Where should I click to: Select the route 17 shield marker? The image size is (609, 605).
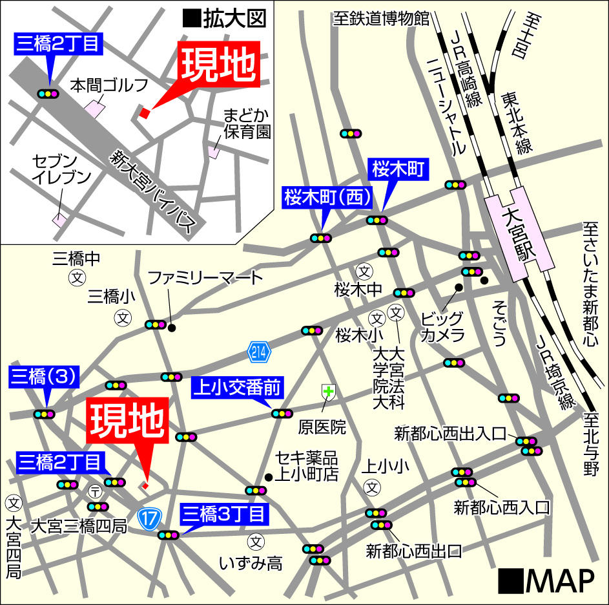tap(149, 519)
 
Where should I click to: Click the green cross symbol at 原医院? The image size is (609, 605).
tap(328, 391)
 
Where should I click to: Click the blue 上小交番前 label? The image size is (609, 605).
tap(238, 388)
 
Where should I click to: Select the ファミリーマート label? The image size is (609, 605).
tap(205, 279)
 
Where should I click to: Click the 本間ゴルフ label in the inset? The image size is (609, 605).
tap(109, 85)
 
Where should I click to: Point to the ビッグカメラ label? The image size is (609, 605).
tap(442, 326)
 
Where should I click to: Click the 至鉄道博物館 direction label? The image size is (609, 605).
tap(381, 18)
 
